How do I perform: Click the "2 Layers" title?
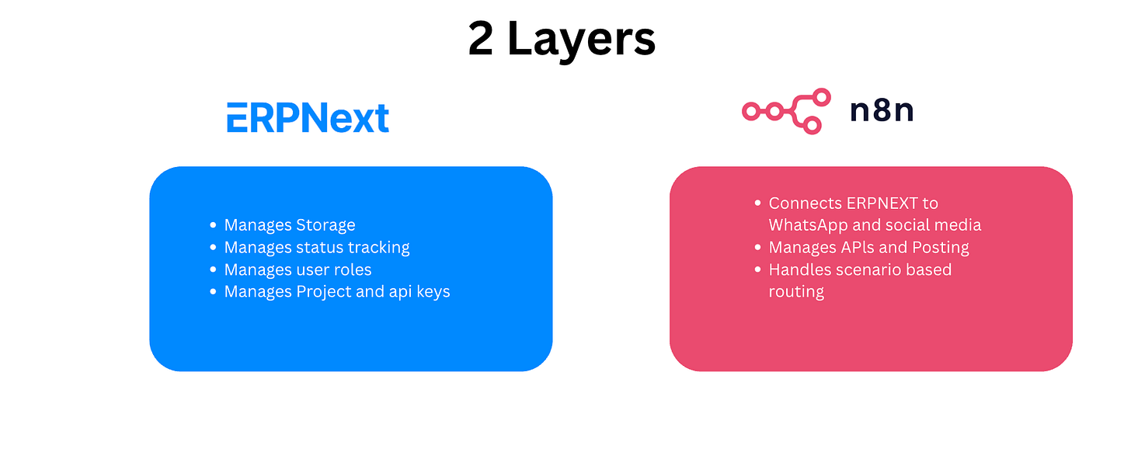[x=562, y=39]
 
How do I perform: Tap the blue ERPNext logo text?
[x=308, y=118]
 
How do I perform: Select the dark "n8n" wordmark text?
[x=882, y=112]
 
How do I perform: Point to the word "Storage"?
[x=325, y=225]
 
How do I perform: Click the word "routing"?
[x=796, y=292]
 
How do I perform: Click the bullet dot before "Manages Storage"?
[x=214, y=225]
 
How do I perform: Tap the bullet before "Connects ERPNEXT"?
[x=758, y=203]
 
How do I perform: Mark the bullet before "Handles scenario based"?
[x=758, y=270]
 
